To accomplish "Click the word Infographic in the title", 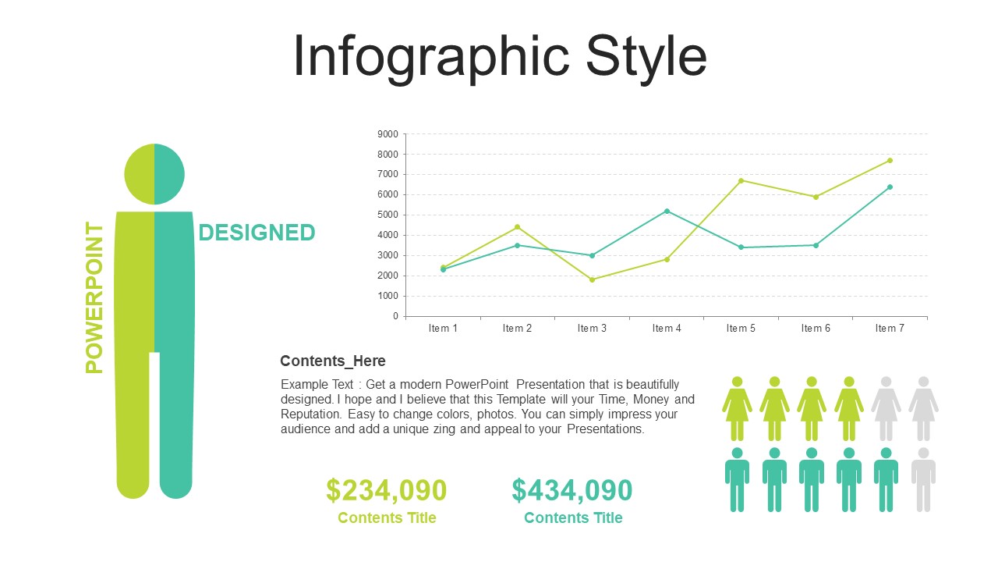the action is [x=431, y=58].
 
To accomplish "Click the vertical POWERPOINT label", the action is [x=94, y=297].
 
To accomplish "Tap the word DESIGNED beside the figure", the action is [x=257, y=233].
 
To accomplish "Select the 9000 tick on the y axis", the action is [x=388, y=134].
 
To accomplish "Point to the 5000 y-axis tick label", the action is [x=388, y=215].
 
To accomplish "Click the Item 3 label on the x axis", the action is [x=592, y=329].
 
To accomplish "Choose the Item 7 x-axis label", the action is [x=890, y=329].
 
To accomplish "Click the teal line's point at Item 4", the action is [x=667, y=212].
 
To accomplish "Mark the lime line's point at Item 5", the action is [x=741, y=180].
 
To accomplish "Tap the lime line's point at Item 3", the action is [x=592, y=280].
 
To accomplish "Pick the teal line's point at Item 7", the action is [x=890, y=187].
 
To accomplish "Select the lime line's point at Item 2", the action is [x=517, y=227].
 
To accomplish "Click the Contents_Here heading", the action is [x=333, y=361].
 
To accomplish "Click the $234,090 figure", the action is [x=386, y=490].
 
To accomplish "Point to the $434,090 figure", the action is [x=572, y=490].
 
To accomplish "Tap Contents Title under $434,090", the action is [x=573, y=518].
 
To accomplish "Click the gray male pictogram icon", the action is [x=923, y=480].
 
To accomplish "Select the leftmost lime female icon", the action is [x=738, y=408].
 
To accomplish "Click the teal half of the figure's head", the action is [x=169, y=174].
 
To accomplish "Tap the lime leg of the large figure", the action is [x=133, y=424].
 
